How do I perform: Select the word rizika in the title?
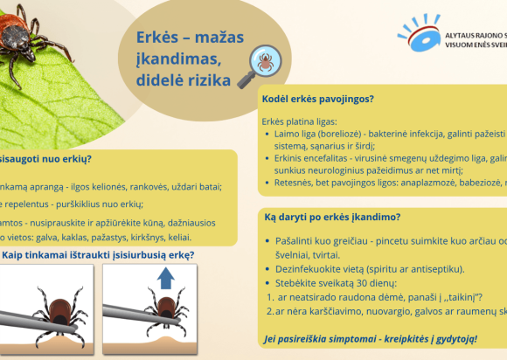(209, 80)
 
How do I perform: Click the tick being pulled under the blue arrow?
(163, 307)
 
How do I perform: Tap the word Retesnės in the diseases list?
(296, 185)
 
